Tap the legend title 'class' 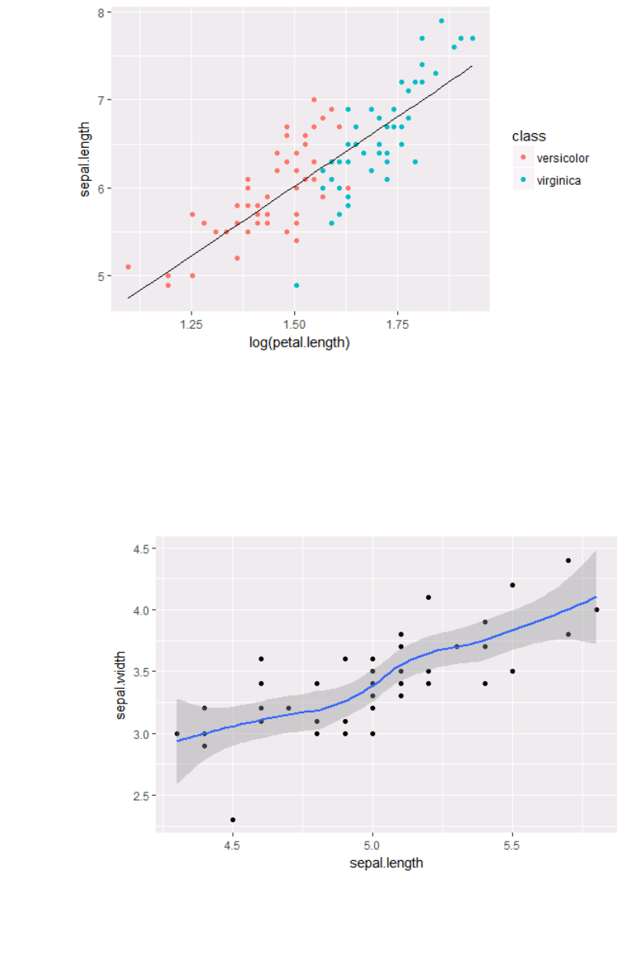point(528,136)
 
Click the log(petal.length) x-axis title point(299,343)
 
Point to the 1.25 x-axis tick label point(192,324)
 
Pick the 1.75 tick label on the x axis point(398,324)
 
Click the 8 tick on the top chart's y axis point(100,13)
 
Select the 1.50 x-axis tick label point(295,324)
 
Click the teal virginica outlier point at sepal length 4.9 point(297,285)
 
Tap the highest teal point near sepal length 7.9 point(441,21)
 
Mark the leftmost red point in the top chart point(128,267)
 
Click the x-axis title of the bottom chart point(386,863)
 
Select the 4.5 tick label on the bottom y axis point(145,549)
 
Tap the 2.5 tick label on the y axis point(145,796)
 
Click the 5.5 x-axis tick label point(512,845)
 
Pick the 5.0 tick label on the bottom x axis point(372,845)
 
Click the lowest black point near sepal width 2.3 point(233,820)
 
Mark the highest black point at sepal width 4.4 point(568,561)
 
